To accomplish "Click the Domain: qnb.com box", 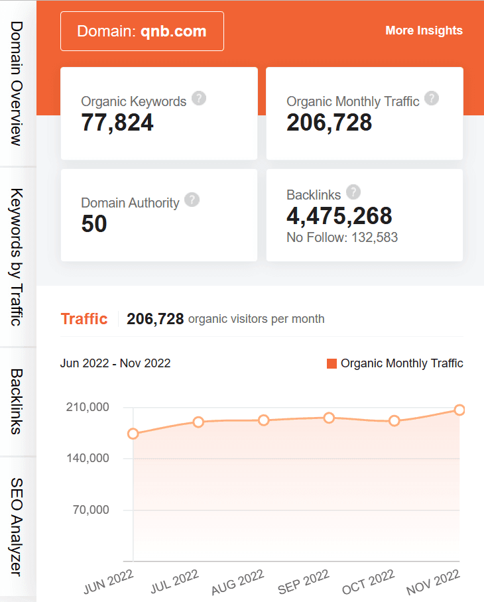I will tap(142, 31).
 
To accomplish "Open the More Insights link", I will tap(424, 30).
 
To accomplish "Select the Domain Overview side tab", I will tap(17, 83).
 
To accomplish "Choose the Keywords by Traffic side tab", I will tap(17, 257).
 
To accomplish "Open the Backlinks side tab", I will tap(17, 401).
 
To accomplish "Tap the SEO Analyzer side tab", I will tap(17, 527).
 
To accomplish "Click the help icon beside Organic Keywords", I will tap(199, 99).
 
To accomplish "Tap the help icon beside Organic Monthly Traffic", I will tap(432, 99).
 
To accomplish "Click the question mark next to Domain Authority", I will tap(192, 200).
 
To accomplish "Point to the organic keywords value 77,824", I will tap(117, 123).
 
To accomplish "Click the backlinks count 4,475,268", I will tap(339, 215).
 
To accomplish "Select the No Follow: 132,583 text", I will tap(342, 237).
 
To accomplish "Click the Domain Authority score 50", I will tap(94, 224).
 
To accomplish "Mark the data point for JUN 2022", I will tap(133, 434).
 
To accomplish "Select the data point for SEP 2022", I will tap(329, 418).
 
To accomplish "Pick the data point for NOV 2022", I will tap(459, 410).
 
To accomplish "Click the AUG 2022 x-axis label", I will tap(238, 582).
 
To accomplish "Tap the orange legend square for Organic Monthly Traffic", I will tap(332, 363).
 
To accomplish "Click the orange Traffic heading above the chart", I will tap(84, 319).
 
